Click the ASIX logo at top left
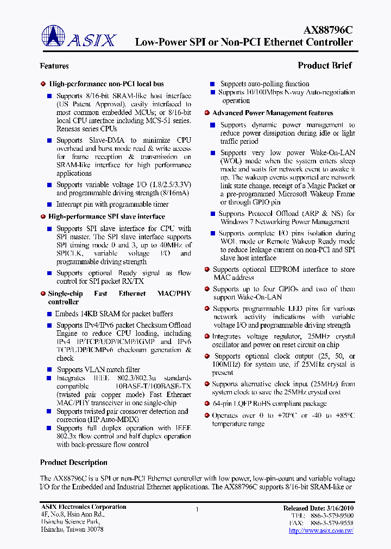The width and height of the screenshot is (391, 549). [x=79, y=39]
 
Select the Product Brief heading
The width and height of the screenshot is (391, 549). [x=324, y=66]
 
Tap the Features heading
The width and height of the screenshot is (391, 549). [x=54, y=66]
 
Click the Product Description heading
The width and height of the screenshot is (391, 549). [x=74, y=463]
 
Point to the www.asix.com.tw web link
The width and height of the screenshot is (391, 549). [x=321, y=531]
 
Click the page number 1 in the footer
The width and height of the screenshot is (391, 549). [x=197, y=509]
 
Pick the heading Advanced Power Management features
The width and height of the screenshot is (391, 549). [x=273, y=113]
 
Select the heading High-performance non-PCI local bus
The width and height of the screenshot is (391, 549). [x=106, y=84]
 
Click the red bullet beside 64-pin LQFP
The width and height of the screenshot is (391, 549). [x=207, y=404]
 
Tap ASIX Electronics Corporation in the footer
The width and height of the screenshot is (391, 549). [x=83, y=507]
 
